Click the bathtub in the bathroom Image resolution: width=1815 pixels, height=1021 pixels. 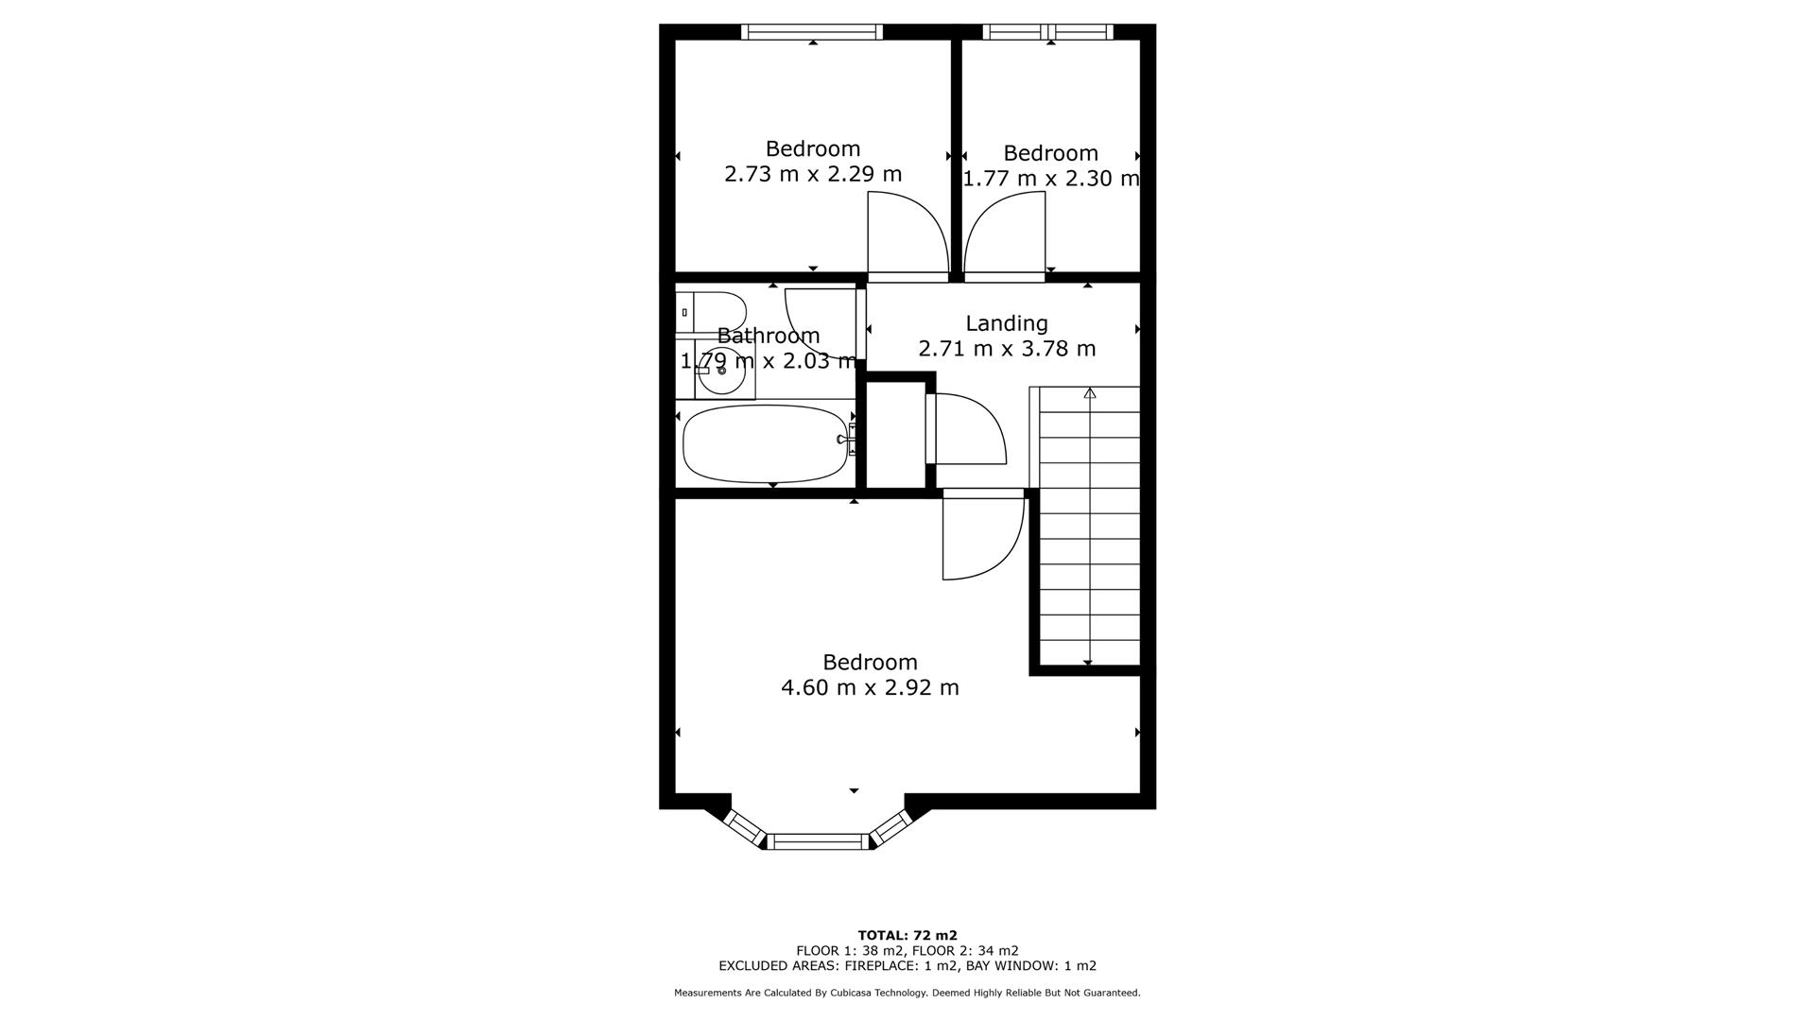764,443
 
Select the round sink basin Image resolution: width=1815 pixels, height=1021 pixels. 723,371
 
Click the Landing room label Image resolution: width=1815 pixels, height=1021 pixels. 1006,323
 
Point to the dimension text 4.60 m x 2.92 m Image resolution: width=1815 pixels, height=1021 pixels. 870,688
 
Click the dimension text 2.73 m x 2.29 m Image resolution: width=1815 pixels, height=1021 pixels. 813,175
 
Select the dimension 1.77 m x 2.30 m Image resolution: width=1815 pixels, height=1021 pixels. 1050,179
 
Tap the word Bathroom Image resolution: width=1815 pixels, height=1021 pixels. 768,336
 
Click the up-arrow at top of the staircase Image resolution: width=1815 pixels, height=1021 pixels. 1089,393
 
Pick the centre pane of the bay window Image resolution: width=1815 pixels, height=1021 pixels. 818,841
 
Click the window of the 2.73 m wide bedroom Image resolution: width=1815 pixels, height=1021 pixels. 812,32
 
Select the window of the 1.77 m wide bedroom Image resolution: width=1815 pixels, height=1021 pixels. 1047,32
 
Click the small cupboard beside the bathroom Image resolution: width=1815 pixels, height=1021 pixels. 895,435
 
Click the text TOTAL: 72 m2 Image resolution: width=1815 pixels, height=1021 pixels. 907,935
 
